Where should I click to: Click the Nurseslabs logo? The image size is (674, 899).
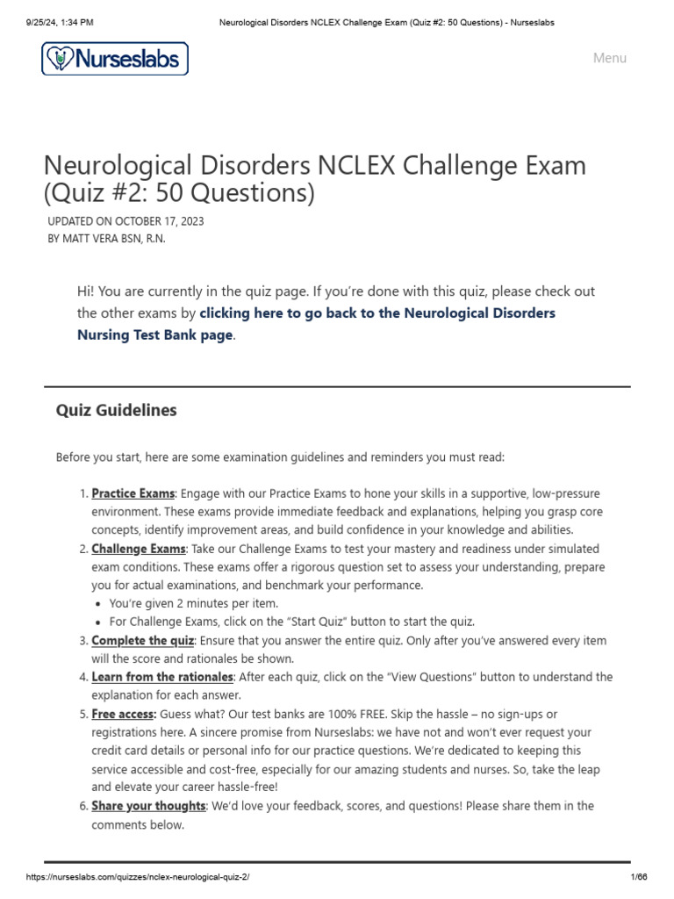115,59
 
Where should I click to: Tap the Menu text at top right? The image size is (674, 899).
609,58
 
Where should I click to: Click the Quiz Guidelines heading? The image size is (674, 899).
116,410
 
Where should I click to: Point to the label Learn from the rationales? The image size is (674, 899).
162,677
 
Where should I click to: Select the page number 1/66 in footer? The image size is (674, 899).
639,877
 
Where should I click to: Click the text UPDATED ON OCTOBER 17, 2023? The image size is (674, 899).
125,221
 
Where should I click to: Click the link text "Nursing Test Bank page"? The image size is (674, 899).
154,334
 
